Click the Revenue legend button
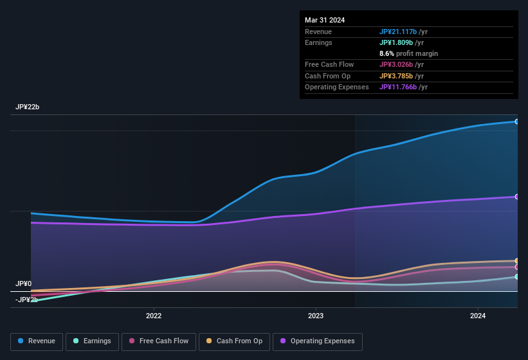pos(37,341)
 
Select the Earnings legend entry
pos(92,341)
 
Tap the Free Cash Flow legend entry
pos(159,341)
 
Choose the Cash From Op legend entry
pos(233,341)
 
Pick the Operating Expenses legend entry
pos(317,341)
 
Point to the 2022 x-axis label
pos(154,316)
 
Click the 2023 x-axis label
pos(316,316)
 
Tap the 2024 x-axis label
pos(478,316)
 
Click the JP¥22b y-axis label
pos(28,107)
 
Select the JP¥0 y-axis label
pos(24,283)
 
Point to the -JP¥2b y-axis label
pos(26,300)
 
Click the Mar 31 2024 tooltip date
pos(325,20)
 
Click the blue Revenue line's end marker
pos(516,122)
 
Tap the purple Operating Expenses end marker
pos(516,197)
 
